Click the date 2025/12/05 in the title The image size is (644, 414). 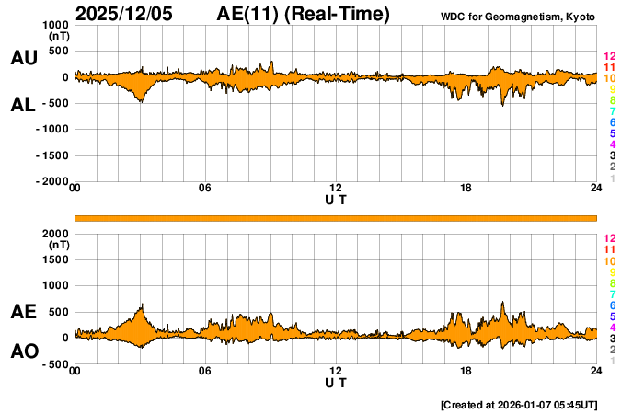(128, 15)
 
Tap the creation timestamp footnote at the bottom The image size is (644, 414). (519, 404)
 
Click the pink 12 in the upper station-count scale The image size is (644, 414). (609, 56)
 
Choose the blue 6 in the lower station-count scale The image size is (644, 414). (612, 305)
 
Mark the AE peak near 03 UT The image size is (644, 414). (142, 305)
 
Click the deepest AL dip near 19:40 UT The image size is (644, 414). (502, 105)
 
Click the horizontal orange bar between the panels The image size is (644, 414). (336, 217)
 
